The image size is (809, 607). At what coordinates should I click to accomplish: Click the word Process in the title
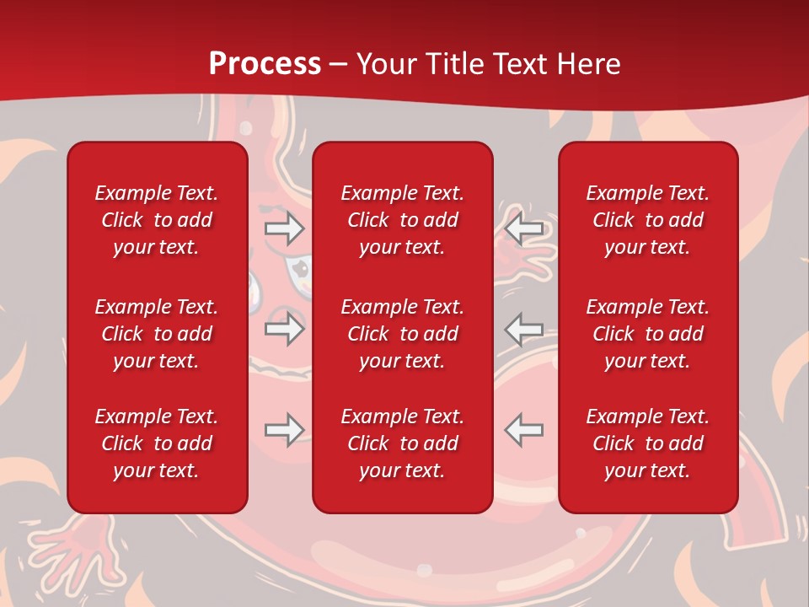pos(265,64)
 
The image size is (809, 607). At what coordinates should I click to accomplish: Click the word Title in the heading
pos(453,64)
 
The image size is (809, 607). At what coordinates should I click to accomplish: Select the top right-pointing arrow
pos(284,228)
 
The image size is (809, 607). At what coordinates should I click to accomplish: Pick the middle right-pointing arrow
pos(284,329)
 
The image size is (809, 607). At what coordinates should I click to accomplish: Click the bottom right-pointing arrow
pos(284,430)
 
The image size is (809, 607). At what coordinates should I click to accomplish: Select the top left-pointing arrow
pos(523,228)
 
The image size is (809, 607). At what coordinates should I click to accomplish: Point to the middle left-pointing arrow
pos(523,329)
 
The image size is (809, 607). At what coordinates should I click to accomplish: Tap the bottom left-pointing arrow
pos(523,430)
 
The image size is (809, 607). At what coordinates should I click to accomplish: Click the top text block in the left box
pos(157,220)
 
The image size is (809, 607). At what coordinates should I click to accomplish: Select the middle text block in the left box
pos(157,334)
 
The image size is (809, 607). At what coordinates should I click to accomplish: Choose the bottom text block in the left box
pos(157,443)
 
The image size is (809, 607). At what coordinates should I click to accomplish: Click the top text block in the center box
pos(403,220)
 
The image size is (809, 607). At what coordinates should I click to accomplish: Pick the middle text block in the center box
pos(403,334)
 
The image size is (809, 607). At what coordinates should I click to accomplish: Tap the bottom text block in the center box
pos(403,443)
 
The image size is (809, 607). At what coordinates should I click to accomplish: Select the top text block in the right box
pos(648,220)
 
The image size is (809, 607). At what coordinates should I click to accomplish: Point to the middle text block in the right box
pos(648,334)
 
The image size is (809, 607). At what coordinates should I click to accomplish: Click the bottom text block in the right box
pos(648,443)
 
